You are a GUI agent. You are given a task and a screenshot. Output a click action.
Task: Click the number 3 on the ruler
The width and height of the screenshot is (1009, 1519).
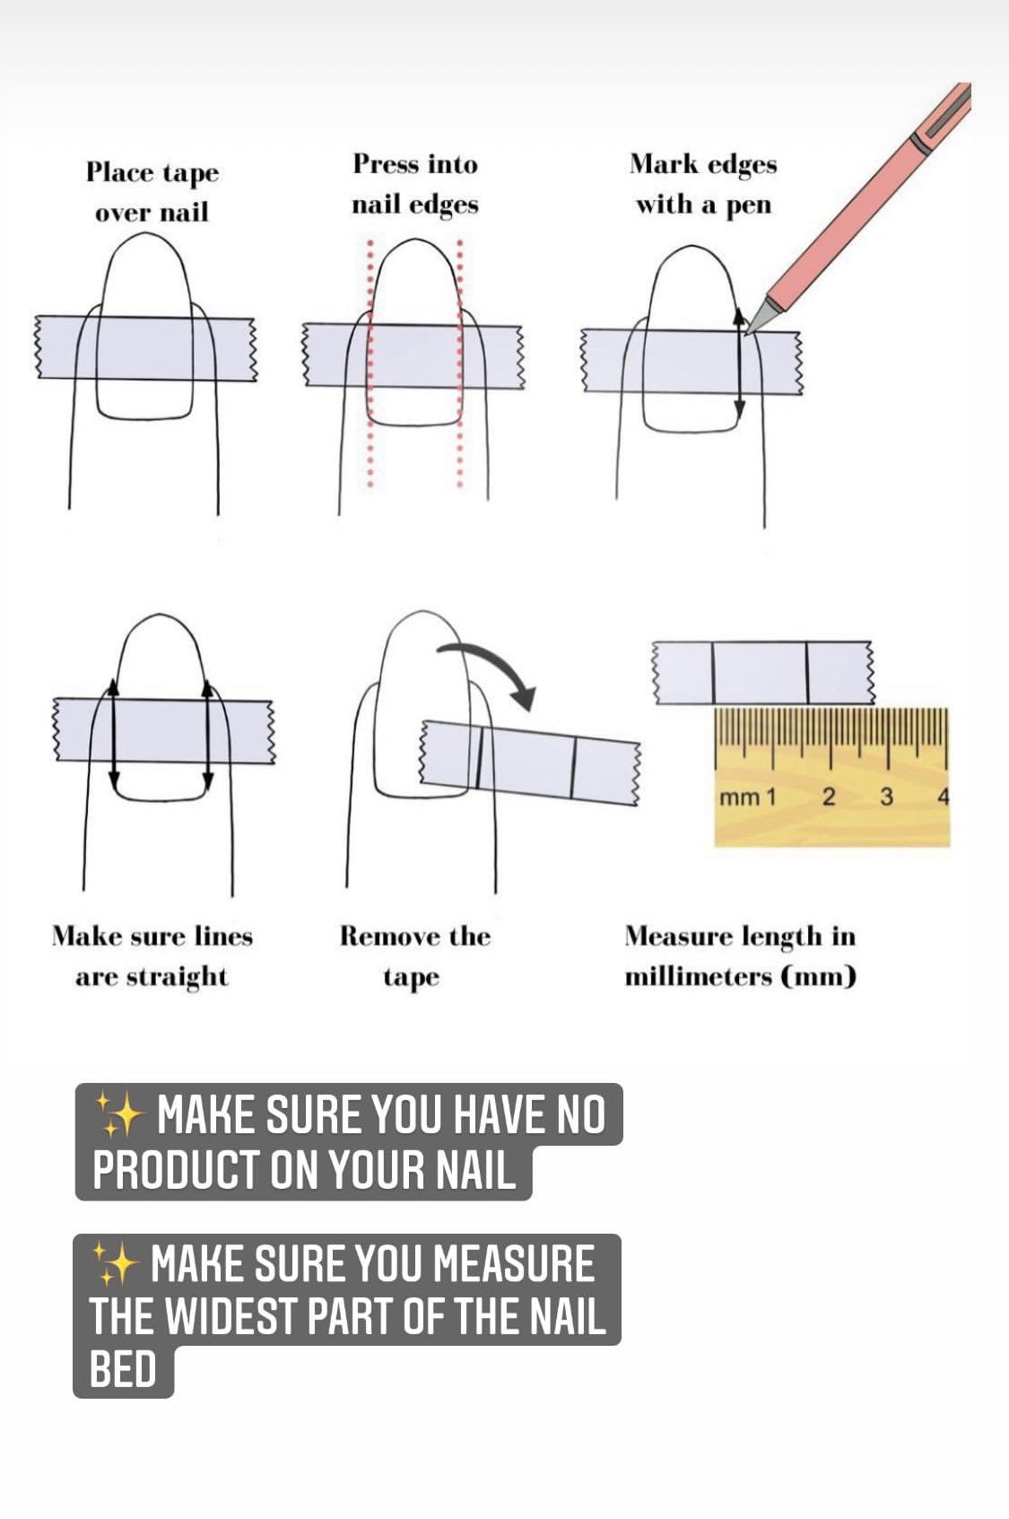[x=886, y=797]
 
